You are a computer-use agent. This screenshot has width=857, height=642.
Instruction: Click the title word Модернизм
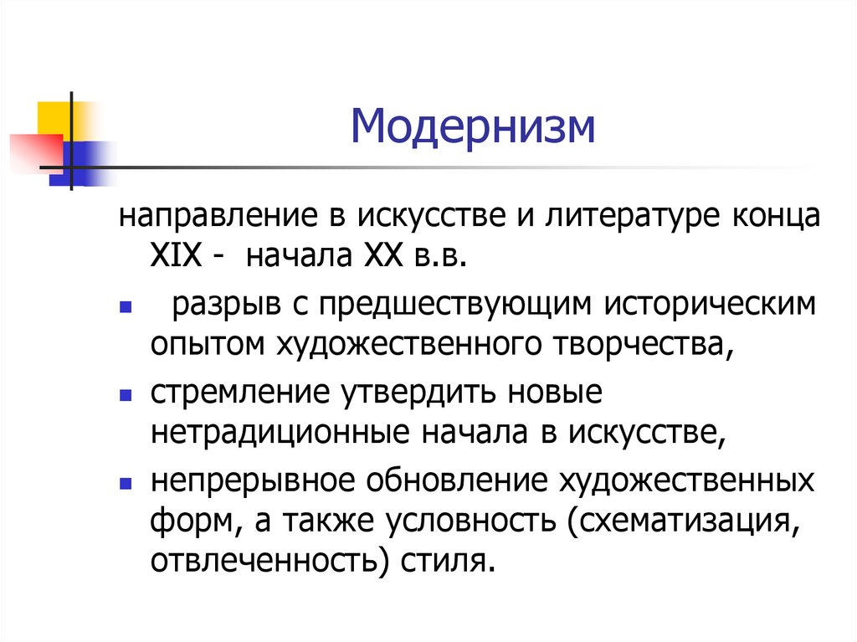pyautogui.click(x=472, y=127)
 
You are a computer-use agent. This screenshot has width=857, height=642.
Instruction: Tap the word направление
pyautogui.click(x=218, y=217)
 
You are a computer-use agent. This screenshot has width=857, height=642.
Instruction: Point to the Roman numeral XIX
pyautogui.click(x=176, y=255)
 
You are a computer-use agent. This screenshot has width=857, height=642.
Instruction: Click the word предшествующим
pyautogui.click(x=455, y=306)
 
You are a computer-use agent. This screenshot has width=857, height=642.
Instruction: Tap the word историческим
pyautogui.click(x=710, y=306)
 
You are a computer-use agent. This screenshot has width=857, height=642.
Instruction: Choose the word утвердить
pyautogui.click(x=418, y=393)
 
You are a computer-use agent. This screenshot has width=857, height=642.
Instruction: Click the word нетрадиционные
pyautogui.click(x=280, y=433)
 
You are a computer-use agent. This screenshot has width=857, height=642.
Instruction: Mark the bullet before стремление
pyautogui.click(x=126, y=395)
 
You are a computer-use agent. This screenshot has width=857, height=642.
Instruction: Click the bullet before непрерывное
pyautogui.click(x=126, y=484)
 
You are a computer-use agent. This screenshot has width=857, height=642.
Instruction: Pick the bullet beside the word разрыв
pyautogui.click(x=126, y=307)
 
